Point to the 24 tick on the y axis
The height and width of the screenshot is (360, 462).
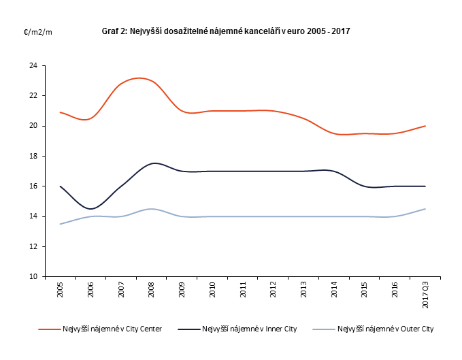click(x=33, y=66)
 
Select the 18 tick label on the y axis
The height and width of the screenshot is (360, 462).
click(x=33, y=157)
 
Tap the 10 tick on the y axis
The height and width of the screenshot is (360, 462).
click(x=33, y=277)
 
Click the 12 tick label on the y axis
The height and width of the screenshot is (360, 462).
click(x=33, y=246)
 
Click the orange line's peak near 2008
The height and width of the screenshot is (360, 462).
click(x=139, y=78)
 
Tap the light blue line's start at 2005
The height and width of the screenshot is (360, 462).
click(x=61, y=224)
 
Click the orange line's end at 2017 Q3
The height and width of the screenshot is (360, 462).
click(x=425, y=126)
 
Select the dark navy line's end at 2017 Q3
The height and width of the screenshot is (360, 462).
click(x=425, y=186)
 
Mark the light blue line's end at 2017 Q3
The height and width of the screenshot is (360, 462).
click(x=425, y=209)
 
